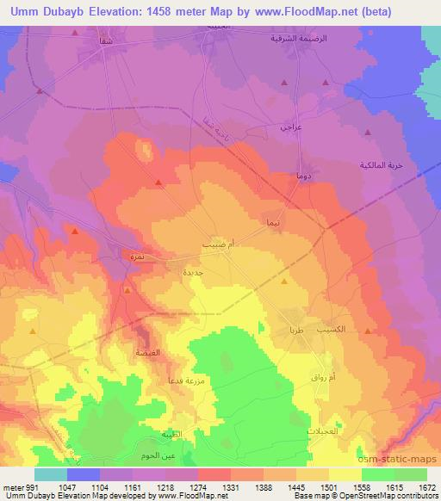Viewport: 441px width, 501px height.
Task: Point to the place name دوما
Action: [301, 176]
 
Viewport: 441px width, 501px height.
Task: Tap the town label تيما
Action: [273, 222]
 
